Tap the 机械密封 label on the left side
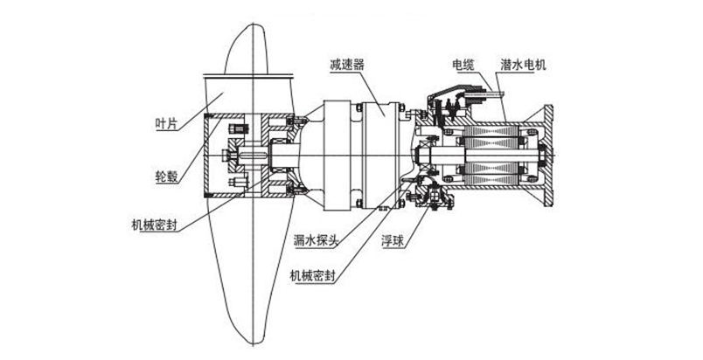point(142,225)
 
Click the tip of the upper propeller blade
point(256,19)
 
